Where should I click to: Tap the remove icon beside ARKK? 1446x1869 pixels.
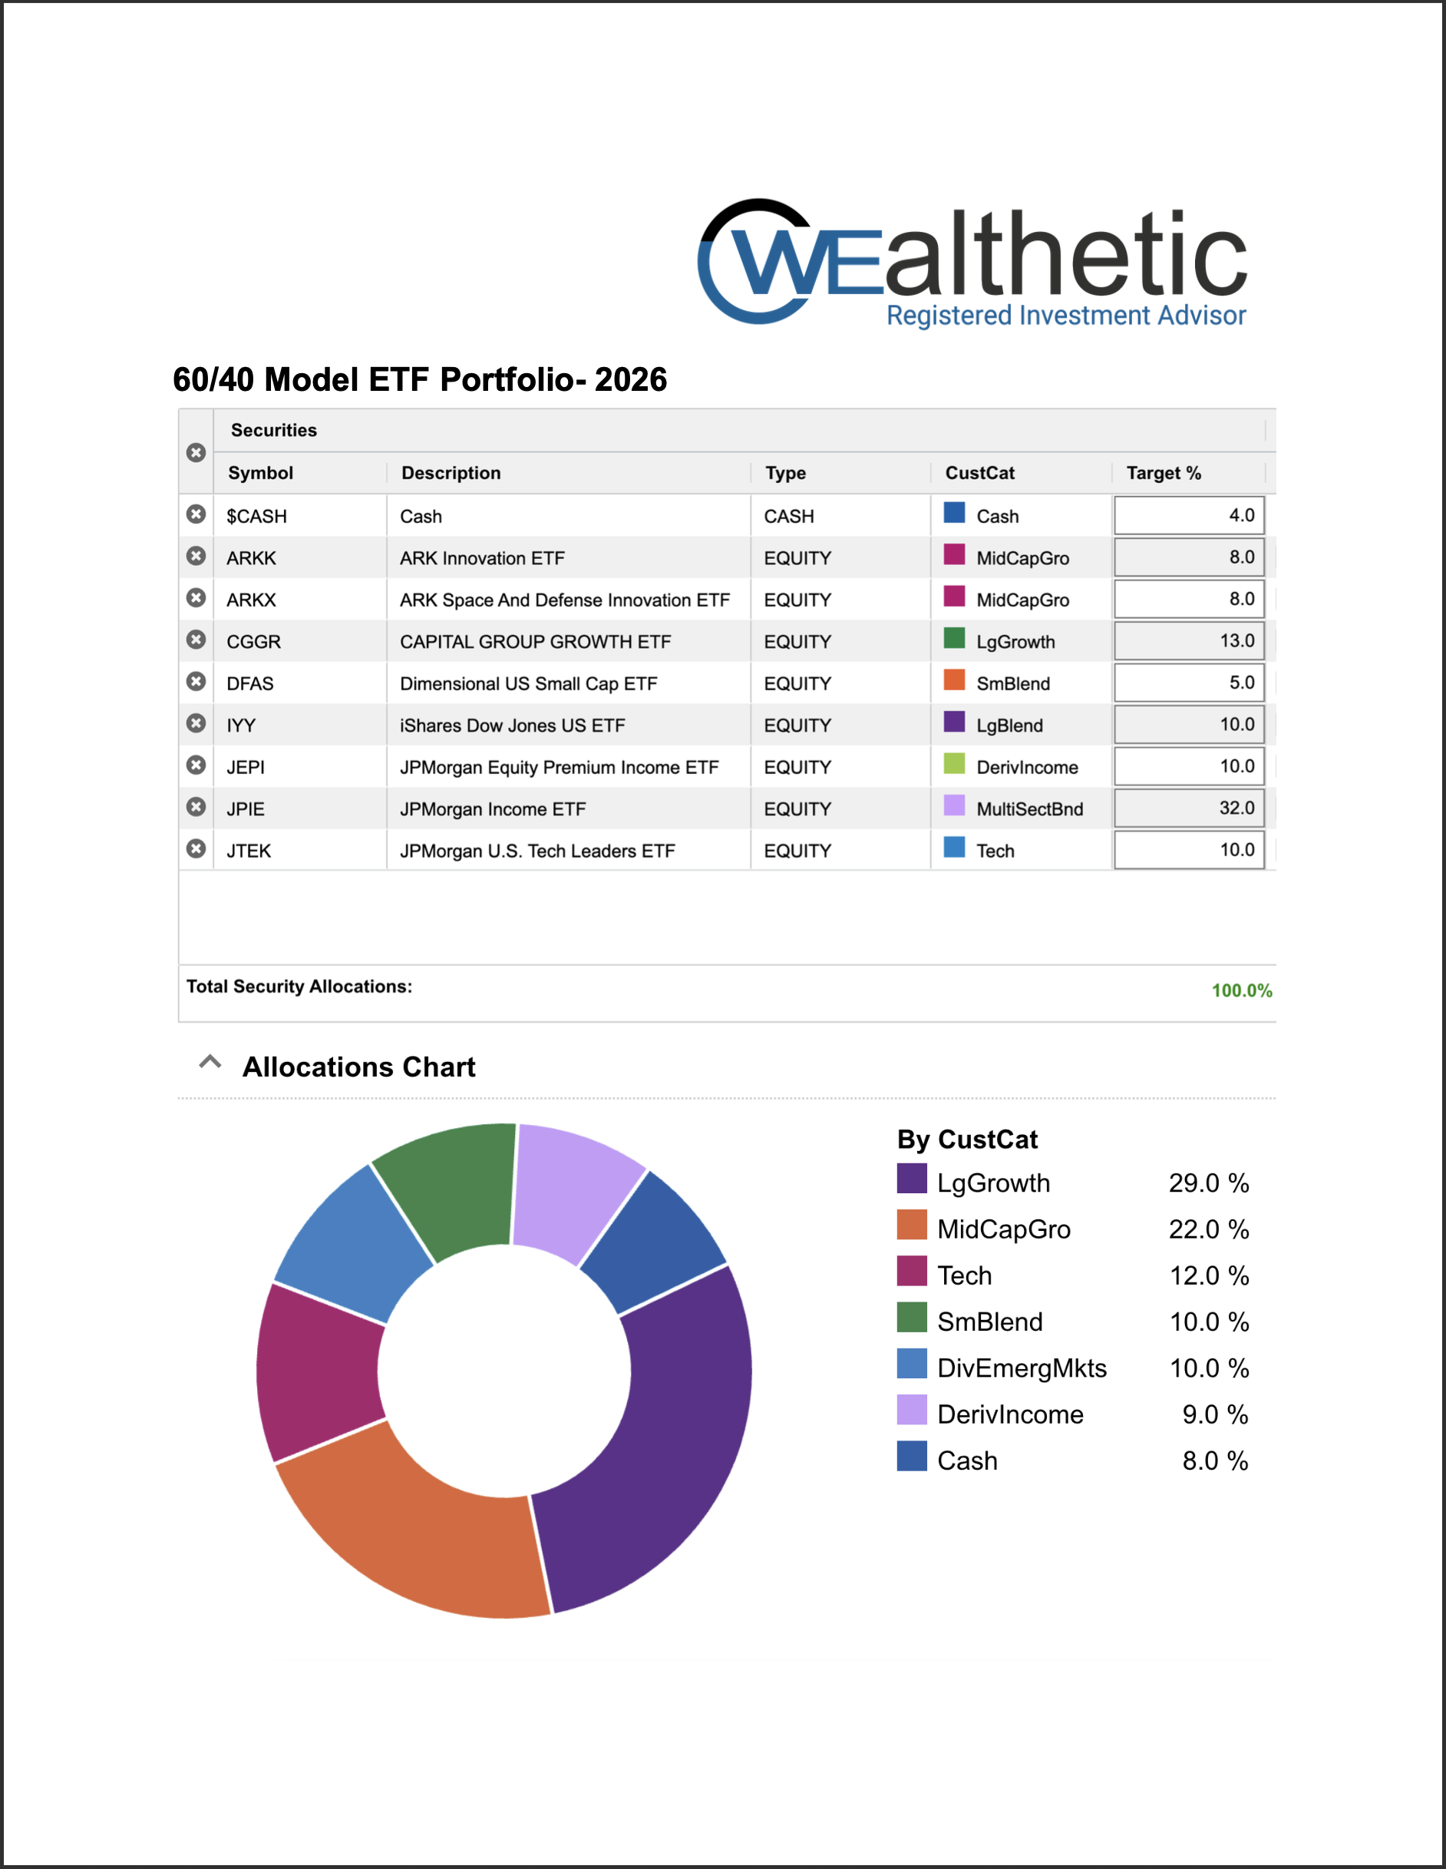click(196, 556)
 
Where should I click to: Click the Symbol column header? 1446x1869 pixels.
click(261, 473)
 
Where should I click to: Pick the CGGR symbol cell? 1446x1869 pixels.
click(254, 642)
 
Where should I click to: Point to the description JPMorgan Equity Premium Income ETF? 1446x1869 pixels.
click(559, 768)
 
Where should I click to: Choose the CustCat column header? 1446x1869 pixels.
click(979, 473)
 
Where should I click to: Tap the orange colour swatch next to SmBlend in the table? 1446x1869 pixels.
click(954, 680)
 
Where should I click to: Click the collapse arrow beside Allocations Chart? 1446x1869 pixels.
click(210, 1063)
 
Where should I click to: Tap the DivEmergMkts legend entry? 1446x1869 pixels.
click(1021, 1368)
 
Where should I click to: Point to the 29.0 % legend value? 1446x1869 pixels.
click(1208, 1183)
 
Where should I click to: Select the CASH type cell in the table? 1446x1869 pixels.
click(789, 517)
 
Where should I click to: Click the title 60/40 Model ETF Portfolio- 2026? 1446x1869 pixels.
click(419, 380)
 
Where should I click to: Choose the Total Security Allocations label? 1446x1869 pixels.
click(299, 987)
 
